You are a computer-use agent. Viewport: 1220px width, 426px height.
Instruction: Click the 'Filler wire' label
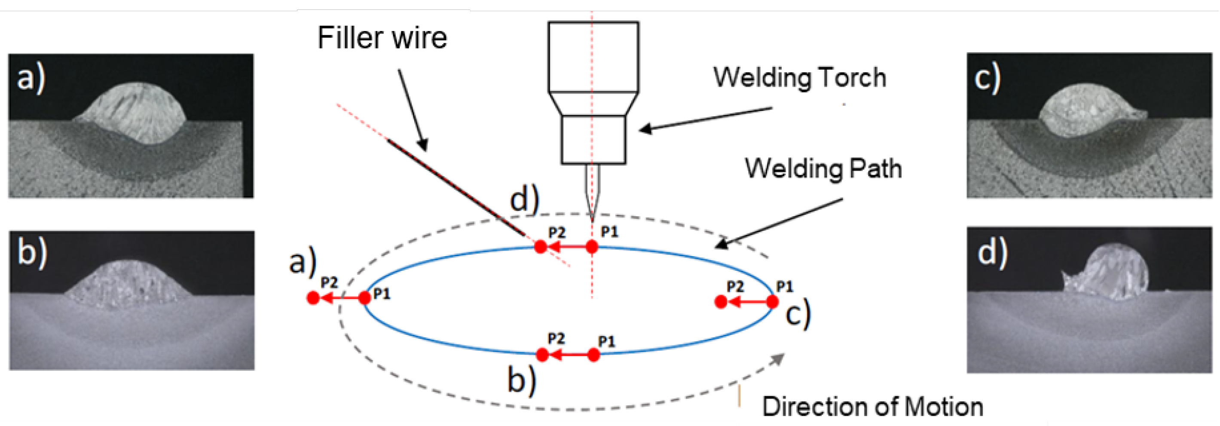pyautogui.click(x=382, y=38)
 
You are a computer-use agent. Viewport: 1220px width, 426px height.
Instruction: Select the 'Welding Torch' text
pyautogui.click(x=799, y=78)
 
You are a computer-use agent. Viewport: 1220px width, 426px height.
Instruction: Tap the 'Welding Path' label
pyautogui.click(x=823, y=169)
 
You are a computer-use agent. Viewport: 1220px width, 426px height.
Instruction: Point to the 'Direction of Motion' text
pyautogui.click(x=872, y=407)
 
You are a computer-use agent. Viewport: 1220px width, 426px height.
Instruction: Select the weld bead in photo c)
pyautogui.click(x=1085, y=110)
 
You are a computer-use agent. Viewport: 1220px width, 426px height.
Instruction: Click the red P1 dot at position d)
pyautogui.click(x=592, y=246)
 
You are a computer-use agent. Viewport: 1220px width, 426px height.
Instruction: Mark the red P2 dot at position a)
pyautogui.click(x=313, y=298)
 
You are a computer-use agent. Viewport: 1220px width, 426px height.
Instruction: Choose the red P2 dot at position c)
pyautogui.click(x=721, y=301)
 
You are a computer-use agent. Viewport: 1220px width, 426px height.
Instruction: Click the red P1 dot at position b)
pyautogui.click(x=593, y=355)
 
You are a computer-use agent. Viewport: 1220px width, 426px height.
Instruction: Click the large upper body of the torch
pyautogui.click(x=593, y=57)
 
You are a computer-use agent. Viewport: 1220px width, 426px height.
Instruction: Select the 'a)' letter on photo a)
pyautogui.click(x=31, y=79)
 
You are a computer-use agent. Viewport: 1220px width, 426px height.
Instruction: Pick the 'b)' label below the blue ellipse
pyautogui.click(x=522, y=380)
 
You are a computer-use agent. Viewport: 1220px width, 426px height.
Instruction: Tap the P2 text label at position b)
pyautogui.click(x=556, y=338)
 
